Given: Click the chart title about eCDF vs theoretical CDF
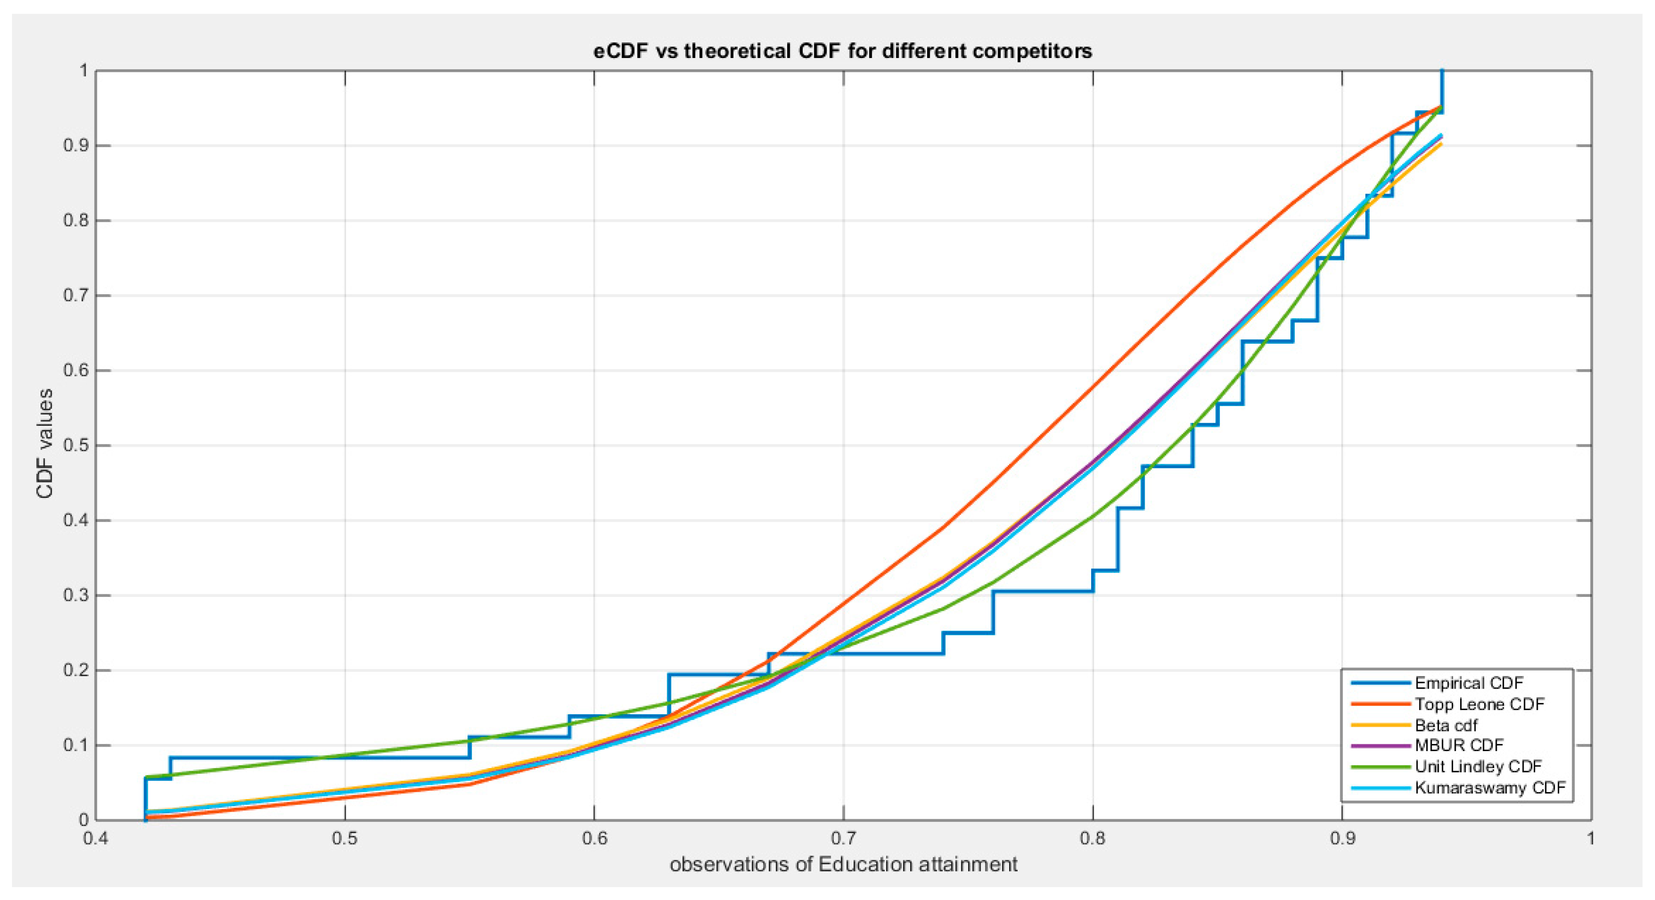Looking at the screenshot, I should tap(842, 51).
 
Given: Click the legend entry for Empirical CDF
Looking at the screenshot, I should tap(1469, 683).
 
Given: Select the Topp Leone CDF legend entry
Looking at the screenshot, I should tap(1479, 704).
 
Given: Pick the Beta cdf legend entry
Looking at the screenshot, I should tap(1446, 725).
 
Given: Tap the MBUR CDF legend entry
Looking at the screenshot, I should tap(1458, 745).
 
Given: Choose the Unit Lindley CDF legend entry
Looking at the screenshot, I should tap(1478, 766).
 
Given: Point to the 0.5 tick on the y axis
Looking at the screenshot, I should tap(75, 445).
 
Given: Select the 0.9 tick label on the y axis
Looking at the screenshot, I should tap(75, 146).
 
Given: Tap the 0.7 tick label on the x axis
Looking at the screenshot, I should tap(843, 839).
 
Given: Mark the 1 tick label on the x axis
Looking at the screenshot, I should tap(1590, 839).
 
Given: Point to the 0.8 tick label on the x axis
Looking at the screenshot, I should tap(1092, 839).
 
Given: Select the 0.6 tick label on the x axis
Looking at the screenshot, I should tap(594, 839).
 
